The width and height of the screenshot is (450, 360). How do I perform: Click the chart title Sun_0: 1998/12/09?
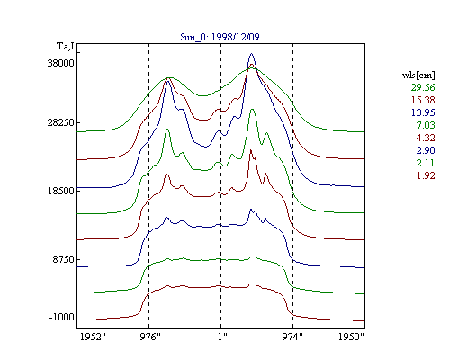click(220, 37)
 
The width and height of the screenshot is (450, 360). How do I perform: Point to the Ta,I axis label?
click(66, 47)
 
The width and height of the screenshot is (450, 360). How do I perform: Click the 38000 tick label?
click(61, 63)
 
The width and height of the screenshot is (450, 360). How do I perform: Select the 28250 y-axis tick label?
click(61, 122)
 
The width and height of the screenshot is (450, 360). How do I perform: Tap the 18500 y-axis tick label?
click(61, 191)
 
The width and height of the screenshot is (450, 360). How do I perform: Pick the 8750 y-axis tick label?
click(64, 259)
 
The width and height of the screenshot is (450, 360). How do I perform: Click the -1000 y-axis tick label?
click(62, 317)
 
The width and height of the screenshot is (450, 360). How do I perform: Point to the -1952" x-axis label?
click(92, 337)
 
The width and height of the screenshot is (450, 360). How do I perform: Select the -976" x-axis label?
click(148, 337)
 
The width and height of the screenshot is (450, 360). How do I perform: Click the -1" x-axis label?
click(220, 337)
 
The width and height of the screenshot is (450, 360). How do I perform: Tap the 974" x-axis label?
click(292, 337)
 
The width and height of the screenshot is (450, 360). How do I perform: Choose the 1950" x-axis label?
click(351, 337)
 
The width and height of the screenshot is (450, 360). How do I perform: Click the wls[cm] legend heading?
click(418, 75)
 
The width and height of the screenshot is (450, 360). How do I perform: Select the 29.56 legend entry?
click(423, 87)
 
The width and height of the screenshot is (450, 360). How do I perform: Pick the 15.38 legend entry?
click(423, 100)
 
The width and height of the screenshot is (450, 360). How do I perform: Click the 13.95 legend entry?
click(423, 112)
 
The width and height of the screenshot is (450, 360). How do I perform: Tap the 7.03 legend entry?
click(426, 125)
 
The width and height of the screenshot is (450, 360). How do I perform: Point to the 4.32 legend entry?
click(426, 138)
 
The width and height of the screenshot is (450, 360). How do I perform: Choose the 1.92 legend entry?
click(426, 175)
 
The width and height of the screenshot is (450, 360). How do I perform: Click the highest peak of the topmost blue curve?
click(251, 54)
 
